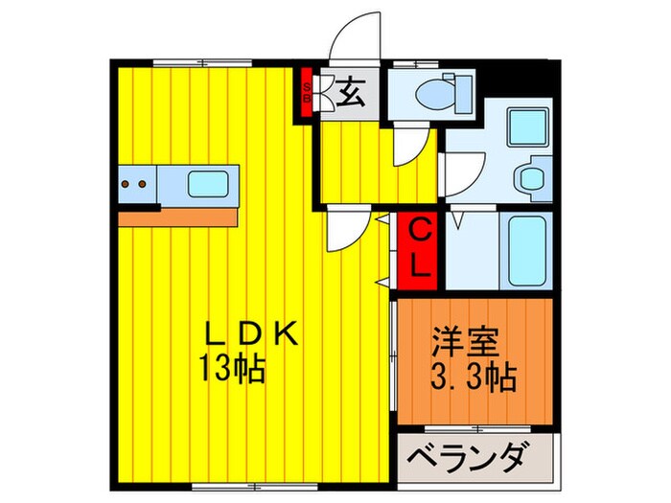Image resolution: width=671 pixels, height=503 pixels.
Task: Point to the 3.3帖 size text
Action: (474, 374)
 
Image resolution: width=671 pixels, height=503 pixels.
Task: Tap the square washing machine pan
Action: (526, 127)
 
